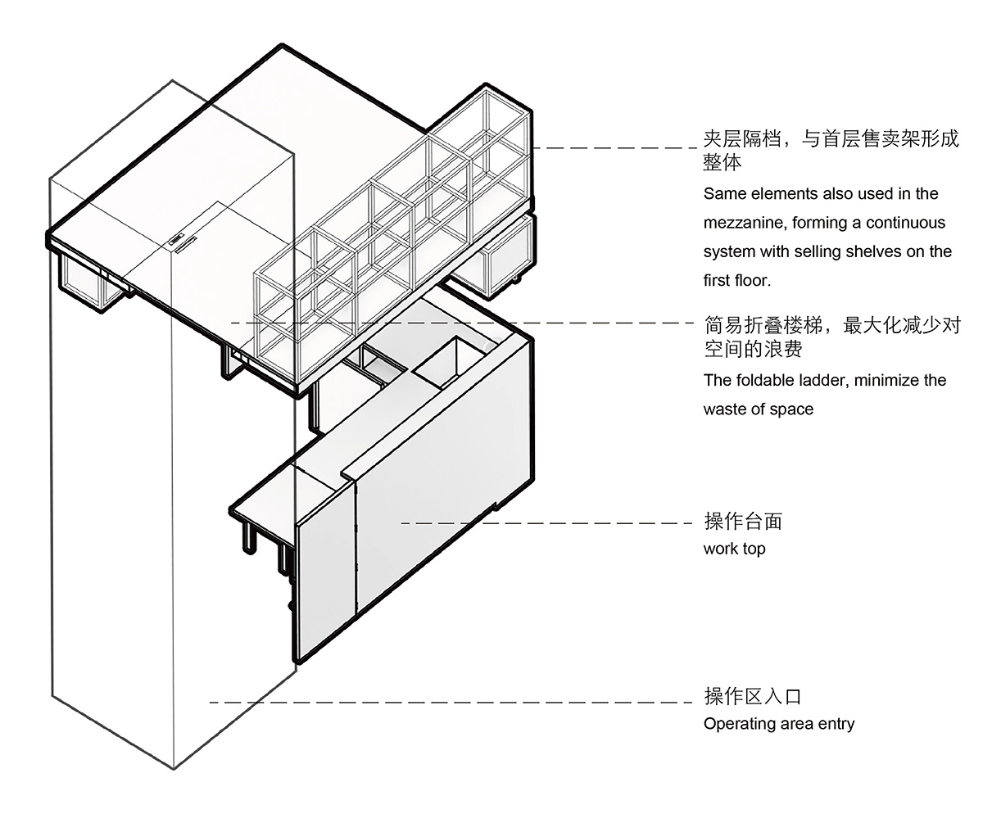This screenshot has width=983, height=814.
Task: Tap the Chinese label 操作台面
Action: [x=743, y=521]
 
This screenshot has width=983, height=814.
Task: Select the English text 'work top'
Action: [x=734, y=549]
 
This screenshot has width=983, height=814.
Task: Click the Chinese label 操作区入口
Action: [x=752, y=696]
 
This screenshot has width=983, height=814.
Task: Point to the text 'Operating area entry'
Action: [x=778, y=724]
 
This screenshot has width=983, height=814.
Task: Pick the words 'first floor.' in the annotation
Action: [x=737, y=280]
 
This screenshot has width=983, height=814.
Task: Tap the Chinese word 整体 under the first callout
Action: [x=723, y=163]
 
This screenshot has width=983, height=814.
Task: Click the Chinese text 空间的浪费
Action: [x=752, y=349]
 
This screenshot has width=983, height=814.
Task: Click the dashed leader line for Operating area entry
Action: [x=451, y=703]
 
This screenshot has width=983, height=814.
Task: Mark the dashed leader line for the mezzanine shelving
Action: [x=614, y=148]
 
